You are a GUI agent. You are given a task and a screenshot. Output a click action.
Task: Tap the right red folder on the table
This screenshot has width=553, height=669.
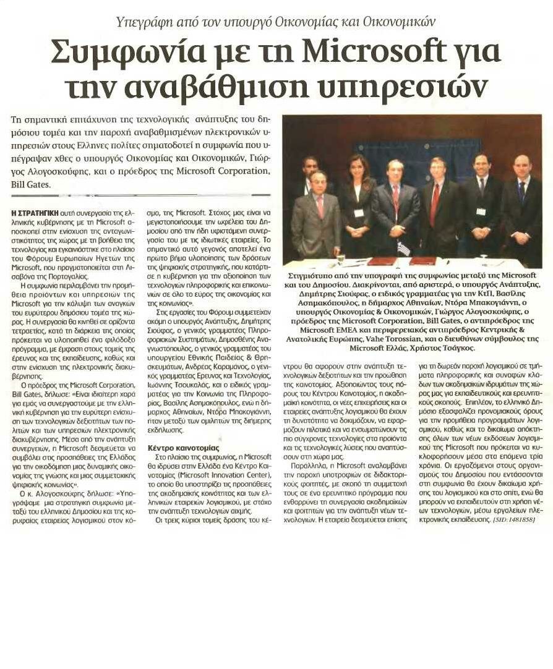point(423,260)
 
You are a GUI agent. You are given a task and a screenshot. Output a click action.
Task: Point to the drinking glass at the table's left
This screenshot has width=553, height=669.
point(339,256)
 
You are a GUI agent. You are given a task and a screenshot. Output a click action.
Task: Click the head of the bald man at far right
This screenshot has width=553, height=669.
point(521,164)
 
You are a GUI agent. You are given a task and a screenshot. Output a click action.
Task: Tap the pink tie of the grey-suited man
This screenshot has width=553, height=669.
point(320,205)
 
